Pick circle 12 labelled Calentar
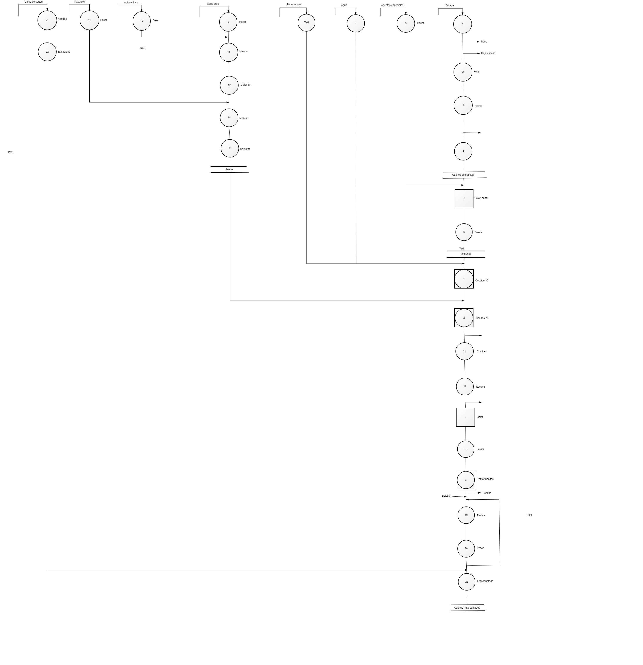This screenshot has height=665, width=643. pos(229,85)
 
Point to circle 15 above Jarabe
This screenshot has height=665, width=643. pos(230,148)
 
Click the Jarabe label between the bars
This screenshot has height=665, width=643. pos(229,169)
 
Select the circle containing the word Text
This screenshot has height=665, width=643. pos(306,23)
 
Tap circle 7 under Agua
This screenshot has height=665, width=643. pos(356,23)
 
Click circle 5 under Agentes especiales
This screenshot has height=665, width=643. pos(406,23)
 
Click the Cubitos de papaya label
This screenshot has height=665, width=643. pos(463,175)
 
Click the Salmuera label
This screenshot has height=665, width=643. pos(465,254)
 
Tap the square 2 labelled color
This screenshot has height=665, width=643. pos(465,417)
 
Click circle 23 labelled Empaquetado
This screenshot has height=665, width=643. pos(466,582)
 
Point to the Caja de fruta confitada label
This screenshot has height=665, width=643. pos(467,608)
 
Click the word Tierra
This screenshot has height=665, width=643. pos(484,42)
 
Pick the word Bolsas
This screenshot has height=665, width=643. pos(446,496)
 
